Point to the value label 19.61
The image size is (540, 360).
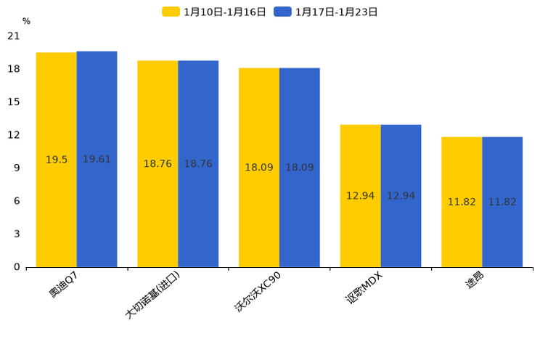[97, 159]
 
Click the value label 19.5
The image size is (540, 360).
[57, 160]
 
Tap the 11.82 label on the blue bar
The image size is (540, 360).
[502, 202]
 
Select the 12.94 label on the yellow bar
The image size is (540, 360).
[360, 196]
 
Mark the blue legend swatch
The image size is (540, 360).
[282, 12]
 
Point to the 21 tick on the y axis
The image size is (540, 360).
[14, 36]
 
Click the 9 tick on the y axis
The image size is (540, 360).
[17, 168]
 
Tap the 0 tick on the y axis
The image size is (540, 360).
[17, 267]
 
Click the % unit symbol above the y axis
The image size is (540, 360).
[26, 22]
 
